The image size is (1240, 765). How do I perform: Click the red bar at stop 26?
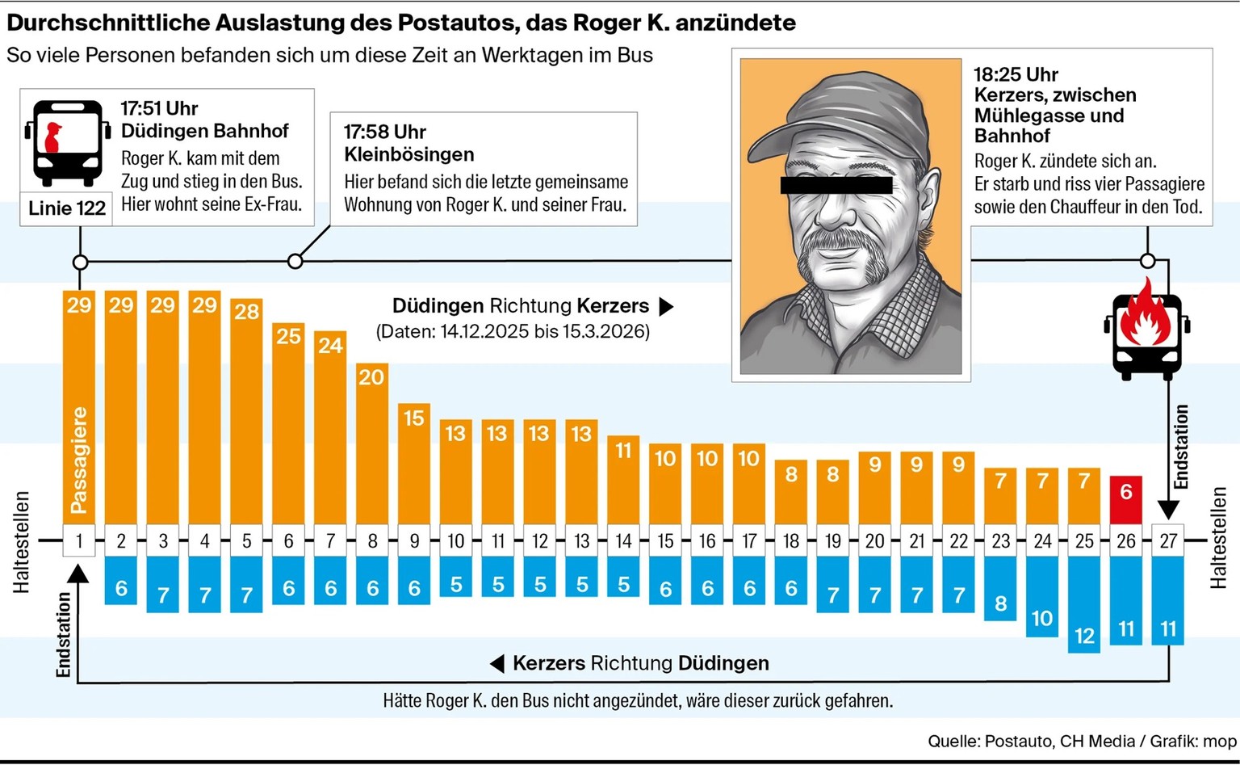[1126, 500]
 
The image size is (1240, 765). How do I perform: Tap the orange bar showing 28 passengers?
[246, 412]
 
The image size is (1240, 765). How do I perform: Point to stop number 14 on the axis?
[624, 540]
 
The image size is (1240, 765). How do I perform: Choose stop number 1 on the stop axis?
[79, 540]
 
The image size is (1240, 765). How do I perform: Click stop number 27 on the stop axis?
[1168, 540]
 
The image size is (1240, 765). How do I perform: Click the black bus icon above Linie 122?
[67, 142]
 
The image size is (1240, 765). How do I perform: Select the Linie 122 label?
[67, 208]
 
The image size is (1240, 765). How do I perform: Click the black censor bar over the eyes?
[836, 184]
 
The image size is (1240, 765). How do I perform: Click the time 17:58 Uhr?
[385, 132]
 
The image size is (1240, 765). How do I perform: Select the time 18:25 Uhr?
[1016, 74]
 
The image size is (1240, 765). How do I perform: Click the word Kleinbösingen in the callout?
[408, 154]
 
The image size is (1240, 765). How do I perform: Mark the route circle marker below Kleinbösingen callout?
[295, 261]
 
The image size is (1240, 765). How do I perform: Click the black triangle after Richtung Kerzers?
[666, 307]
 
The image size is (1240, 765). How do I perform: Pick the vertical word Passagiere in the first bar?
[79, 460]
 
